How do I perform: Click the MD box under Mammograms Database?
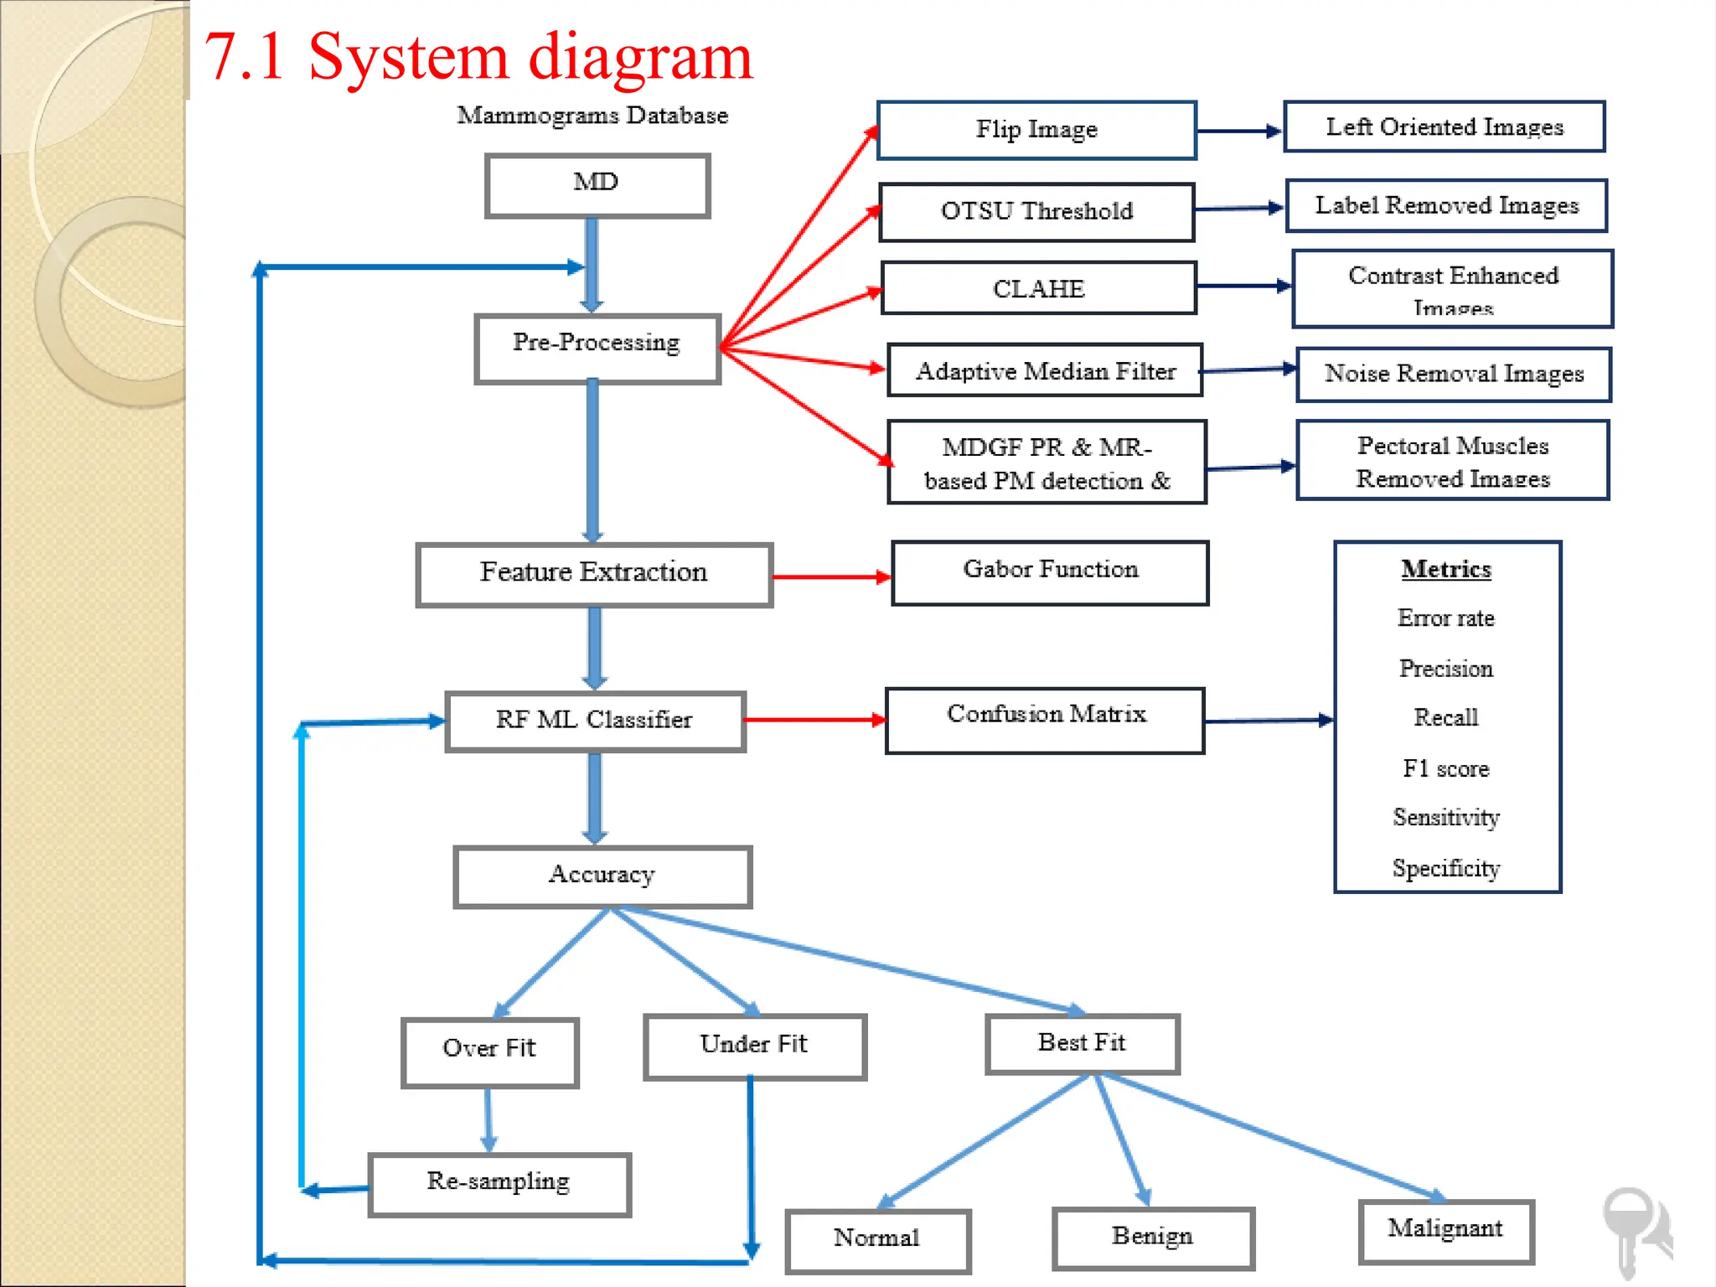597,185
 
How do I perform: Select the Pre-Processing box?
597,349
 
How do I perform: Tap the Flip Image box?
1036,130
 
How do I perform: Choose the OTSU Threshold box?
1036,212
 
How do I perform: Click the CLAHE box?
1038,288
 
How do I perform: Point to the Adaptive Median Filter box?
1045,370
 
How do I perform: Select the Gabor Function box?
1050,572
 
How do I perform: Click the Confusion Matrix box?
1045,720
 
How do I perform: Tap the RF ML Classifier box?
595,721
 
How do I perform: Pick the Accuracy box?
602,876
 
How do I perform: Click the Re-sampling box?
499,1183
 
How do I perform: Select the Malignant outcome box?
1445,1230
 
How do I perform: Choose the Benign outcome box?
1152,1238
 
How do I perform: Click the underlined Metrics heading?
1446,569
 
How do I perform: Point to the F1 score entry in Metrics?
1446,768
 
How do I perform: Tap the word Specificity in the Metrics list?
1446,868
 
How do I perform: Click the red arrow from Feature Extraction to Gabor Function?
830,576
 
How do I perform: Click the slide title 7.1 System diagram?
478,57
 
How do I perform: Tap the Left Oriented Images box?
1445,127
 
